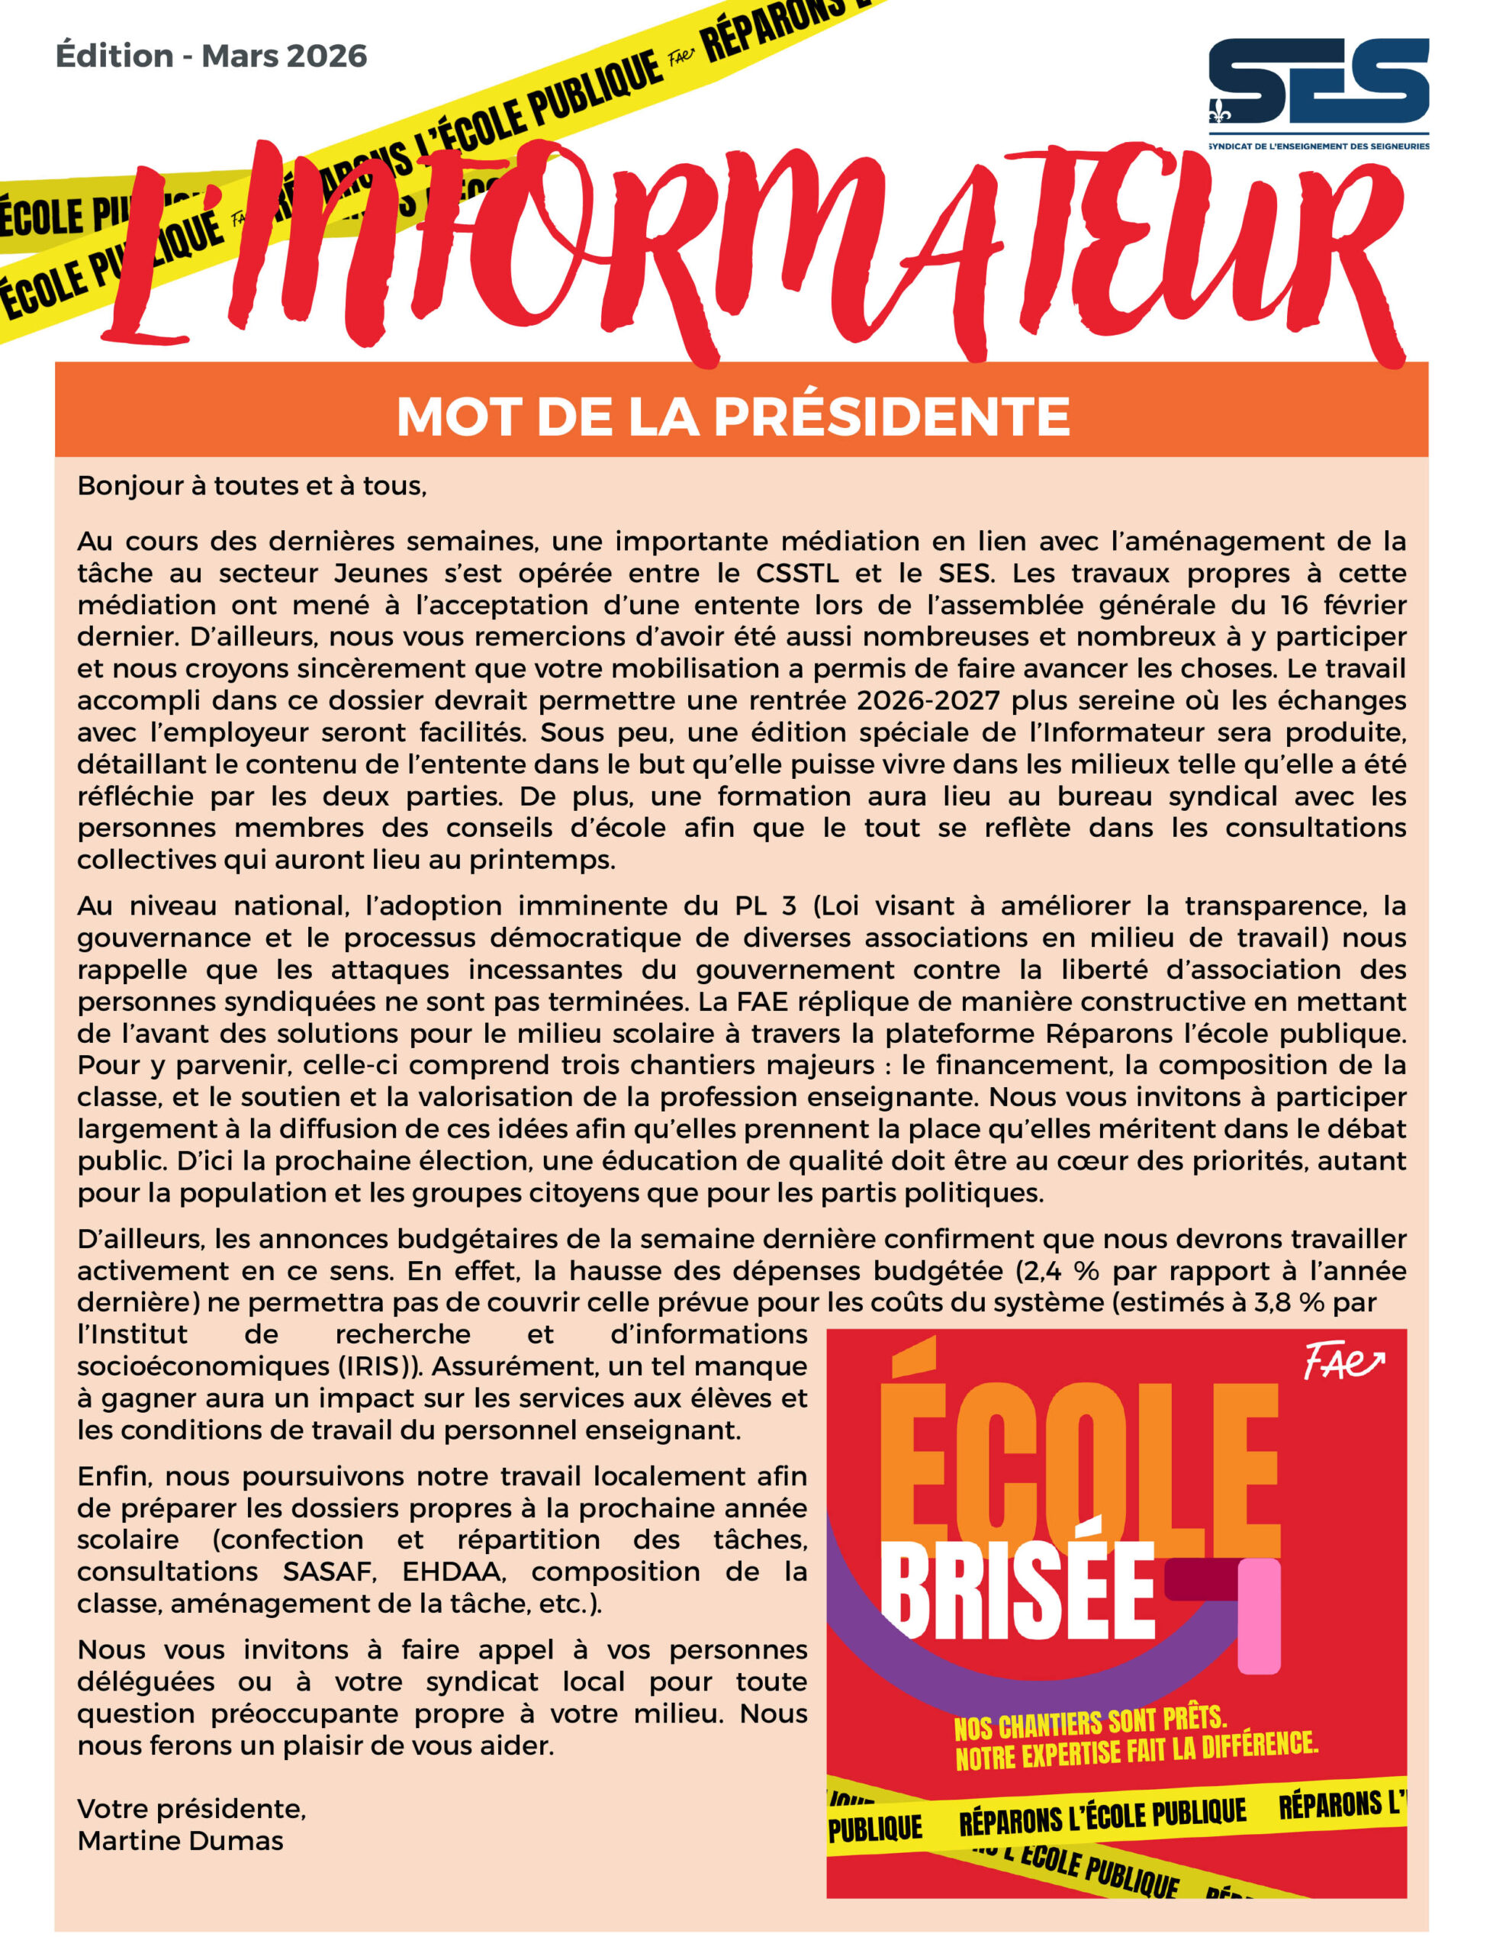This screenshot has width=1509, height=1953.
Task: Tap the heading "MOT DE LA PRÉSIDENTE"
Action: [x=732, y=417]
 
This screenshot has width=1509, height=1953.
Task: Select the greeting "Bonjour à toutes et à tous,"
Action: [x=253, y=485]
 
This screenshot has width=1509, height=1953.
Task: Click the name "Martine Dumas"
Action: [x=180, y=1840]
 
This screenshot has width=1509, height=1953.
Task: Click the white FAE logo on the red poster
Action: [x=1342, y=1362]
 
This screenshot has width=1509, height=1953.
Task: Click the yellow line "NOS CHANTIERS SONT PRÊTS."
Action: [x=1089, y=1723]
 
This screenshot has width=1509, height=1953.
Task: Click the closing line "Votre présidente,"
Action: [x=191, y=1808]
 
